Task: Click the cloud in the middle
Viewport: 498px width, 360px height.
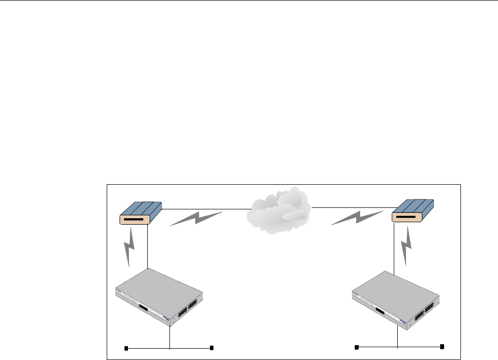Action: [x=279, y=210]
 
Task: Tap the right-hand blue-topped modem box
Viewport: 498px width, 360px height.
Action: [x=412, y=211]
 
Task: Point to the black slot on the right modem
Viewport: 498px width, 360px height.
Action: [x=405, y=216]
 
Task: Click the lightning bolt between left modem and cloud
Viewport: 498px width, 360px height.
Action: [x=197, y=218]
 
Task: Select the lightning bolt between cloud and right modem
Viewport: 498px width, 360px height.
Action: [x=357, y=217]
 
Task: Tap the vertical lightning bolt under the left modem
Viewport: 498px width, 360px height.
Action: [x=129, y=247]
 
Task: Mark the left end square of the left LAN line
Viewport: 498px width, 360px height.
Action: [x=126, y=349]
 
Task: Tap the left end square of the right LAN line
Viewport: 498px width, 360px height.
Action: [x=357, y=348]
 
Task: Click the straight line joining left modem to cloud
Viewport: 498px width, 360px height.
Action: [x=205, y=208]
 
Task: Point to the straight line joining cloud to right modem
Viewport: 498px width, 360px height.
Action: [x=351, y=208]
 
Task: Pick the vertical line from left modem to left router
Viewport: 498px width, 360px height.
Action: [x=148, y=247]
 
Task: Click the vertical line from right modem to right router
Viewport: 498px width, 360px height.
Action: [x=394, y=249]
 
